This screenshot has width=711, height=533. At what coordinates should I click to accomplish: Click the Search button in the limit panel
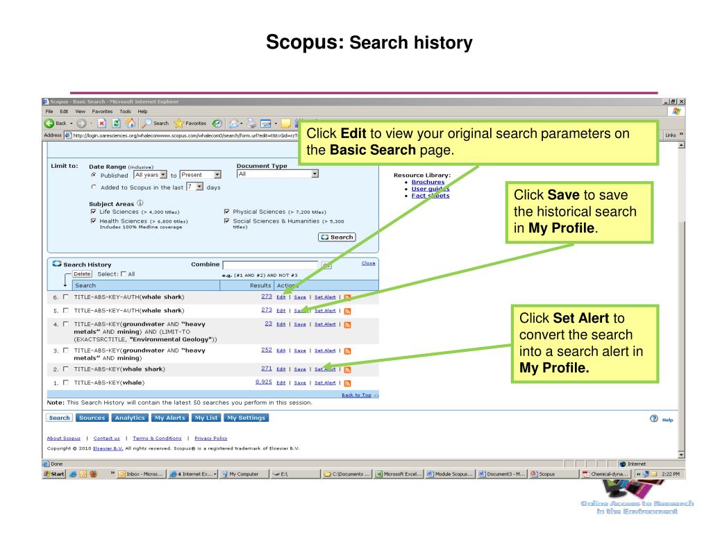337,237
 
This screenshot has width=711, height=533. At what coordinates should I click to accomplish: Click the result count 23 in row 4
267,323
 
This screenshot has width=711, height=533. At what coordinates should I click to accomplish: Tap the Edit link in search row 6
281,297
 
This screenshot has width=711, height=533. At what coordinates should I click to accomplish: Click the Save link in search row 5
300,310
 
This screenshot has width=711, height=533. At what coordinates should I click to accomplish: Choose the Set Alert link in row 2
325,369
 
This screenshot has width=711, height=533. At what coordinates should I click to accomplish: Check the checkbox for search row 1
65,382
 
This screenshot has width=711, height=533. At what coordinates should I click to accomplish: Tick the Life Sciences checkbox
94,212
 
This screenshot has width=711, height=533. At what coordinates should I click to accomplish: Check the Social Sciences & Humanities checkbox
227,221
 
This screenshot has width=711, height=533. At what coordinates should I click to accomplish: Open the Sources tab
92,418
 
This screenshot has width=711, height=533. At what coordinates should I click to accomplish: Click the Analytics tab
130,418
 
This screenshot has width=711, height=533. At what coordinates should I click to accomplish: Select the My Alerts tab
169,418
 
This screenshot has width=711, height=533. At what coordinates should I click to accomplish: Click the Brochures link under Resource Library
428,182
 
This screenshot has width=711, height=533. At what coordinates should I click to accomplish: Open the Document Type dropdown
277,174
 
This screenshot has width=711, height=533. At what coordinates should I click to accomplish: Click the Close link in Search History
369,263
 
